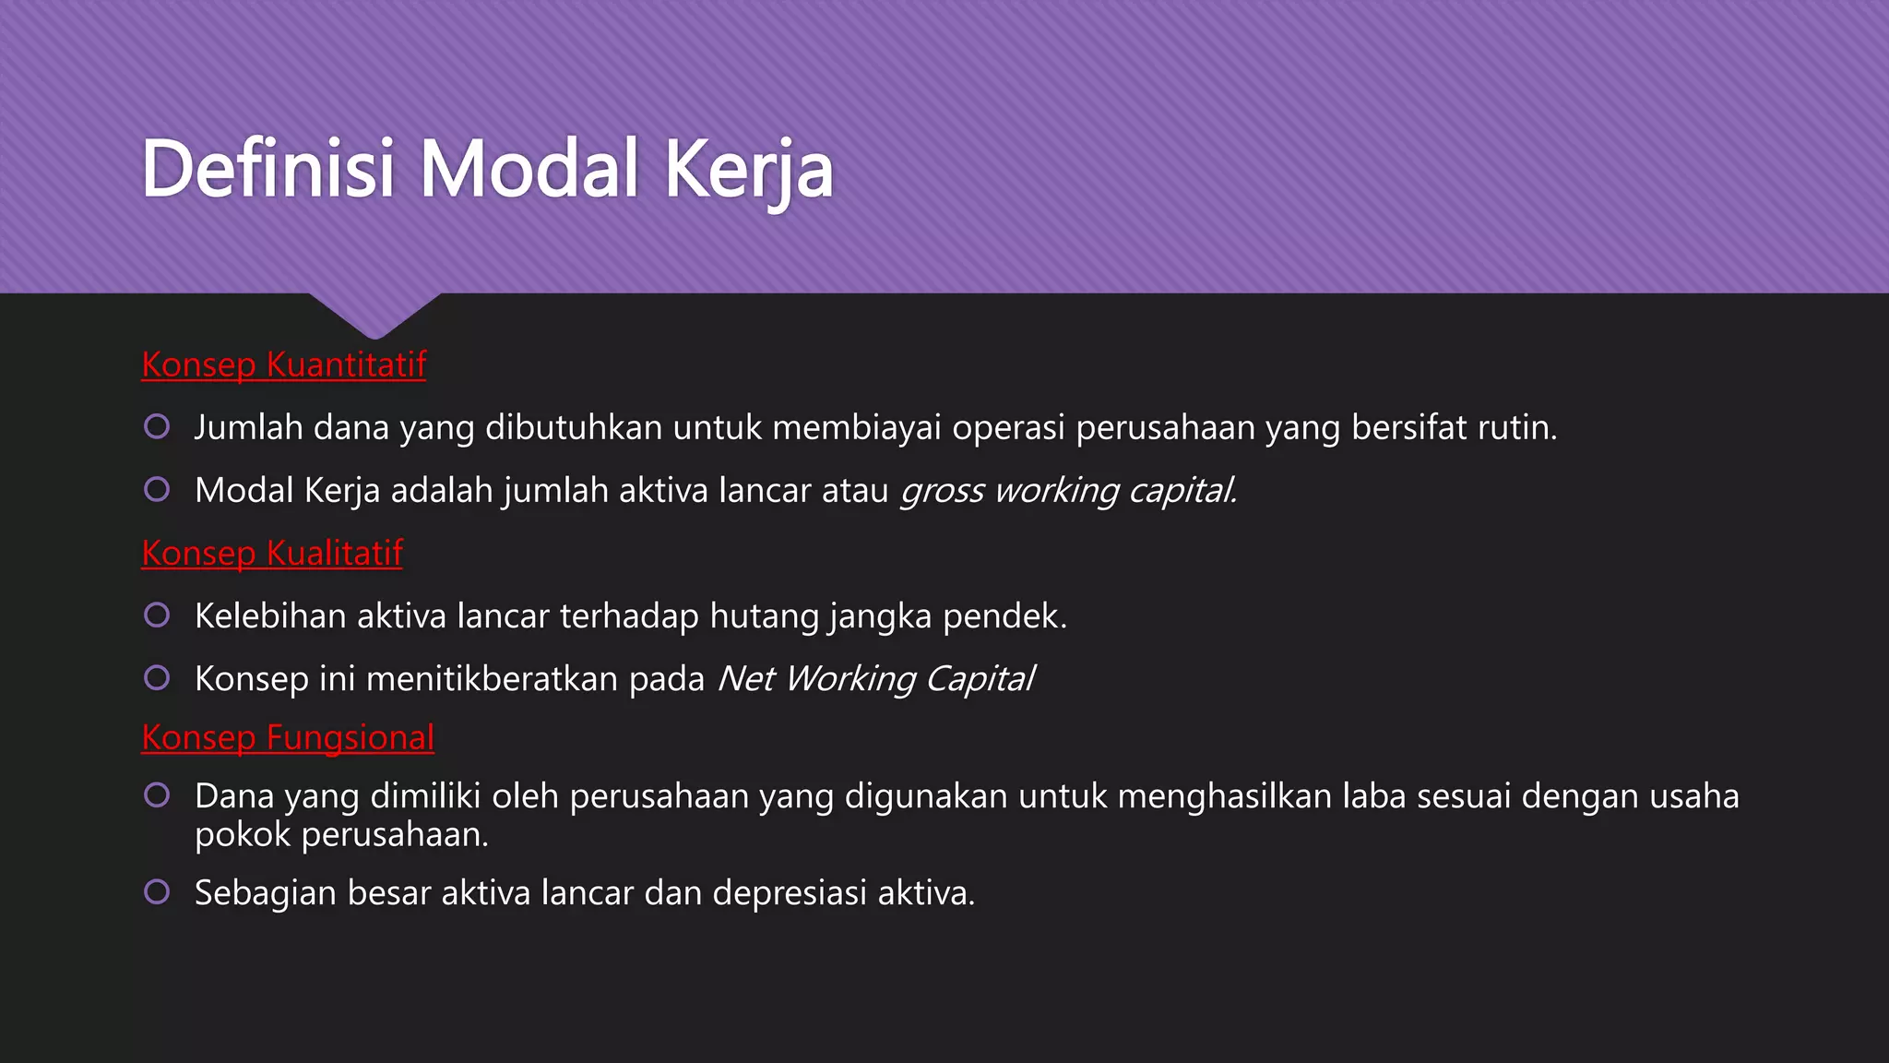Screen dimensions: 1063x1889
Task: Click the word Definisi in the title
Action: tap(268, 168)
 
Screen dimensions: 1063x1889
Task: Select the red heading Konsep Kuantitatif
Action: tap(283, 364)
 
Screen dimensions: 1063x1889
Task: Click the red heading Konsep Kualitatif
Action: tap(272, 553)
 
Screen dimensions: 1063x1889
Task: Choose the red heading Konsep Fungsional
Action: tap(288, 737)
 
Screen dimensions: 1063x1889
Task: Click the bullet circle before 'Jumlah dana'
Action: tap(157, 426)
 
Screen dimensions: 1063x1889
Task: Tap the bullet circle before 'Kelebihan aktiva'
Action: tap(157, 615)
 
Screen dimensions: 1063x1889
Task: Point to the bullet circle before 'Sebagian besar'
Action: tap(157, 891)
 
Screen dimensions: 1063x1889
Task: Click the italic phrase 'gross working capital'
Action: tap(1068, 490)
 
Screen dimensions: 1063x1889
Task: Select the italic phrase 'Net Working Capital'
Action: tap(876, 678)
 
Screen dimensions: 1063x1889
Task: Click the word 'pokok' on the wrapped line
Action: tap(243, 835)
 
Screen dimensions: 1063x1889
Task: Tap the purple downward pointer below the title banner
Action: tap(374, 314)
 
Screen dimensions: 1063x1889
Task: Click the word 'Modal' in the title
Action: tap(529, 168)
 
